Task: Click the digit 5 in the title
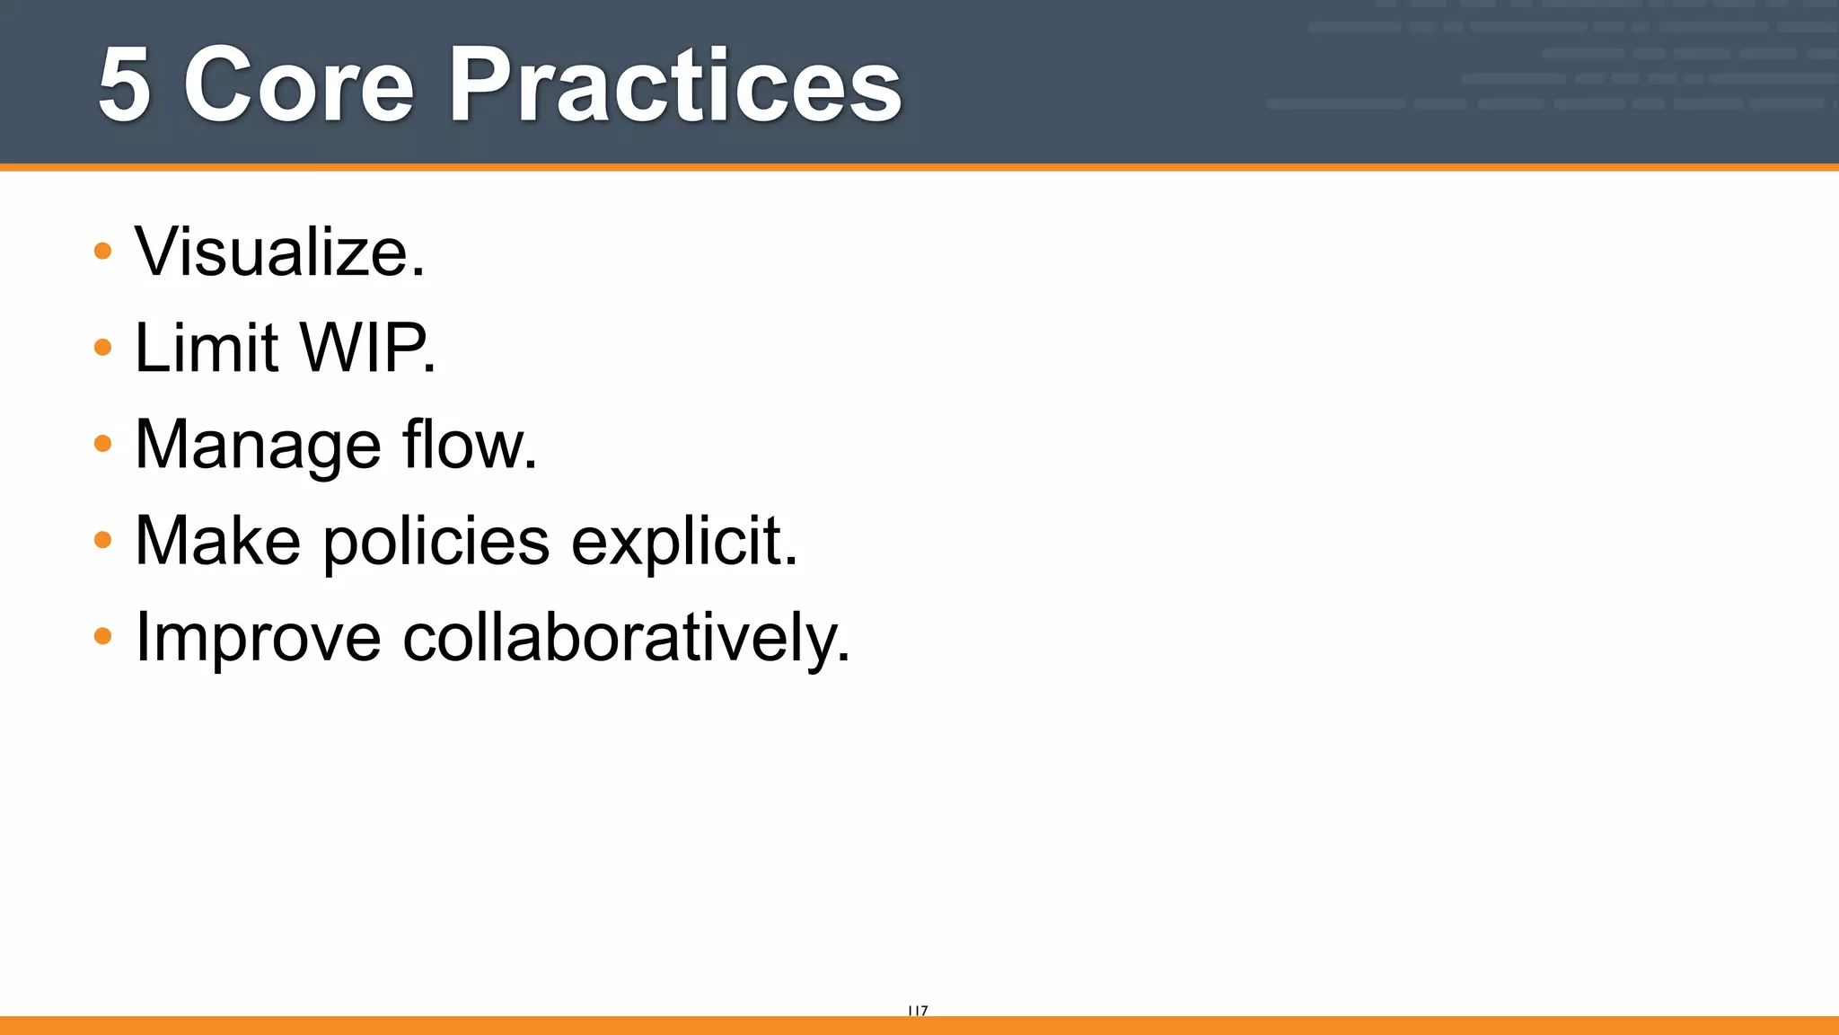click(x=124, y=85)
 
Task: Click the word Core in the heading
click(x=299, y=85)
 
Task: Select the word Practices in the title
click(x=674, y=85)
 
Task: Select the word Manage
click(x=258, y=446)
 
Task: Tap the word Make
click(x=217, y=541)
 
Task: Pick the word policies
click(x=436, y=543)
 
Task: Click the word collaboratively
click(x=620, y=639)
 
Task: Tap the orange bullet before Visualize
click(x=103, y=251)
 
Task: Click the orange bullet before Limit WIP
click(x=103, y=347)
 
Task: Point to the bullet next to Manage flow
click(x=103, y=443)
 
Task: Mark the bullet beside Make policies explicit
click(x=103, y=540)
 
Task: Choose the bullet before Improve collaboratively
click(x=103, y=636)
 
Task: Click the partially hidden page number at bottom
click(x=918, y=1011)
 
